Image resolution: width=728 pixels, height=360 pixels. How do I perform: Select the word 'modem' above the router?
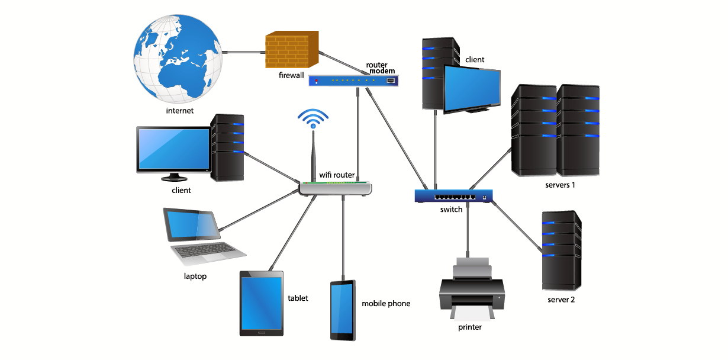point(382,71)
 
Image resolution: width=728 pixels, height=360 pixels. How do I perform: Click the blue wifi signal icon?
point(313,118)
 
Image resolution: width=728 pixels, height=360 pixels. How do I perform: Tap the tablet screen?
point(261,303)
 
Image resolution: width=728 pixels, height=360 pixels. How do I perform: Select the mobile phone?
point(343,310)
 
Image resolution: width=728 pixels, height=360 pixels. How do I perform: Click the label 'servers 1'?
point(561,185)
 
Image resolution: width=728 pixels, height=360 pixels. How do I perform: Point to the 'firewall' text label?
point(291,76)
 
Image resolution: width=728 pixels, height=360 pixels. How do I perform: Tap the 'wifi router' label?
point(337,175)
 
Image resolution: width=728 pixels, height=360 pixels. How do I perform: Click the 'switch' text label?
point(451,210)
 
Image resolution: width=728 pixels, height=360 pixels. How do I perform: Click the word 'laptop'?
point(195,276)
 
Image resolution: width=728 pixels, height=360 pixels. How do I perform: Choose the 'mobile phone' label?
point(386,304)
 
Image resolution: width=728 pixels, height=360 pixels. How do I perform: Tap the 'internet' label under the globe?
point(180,110)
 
